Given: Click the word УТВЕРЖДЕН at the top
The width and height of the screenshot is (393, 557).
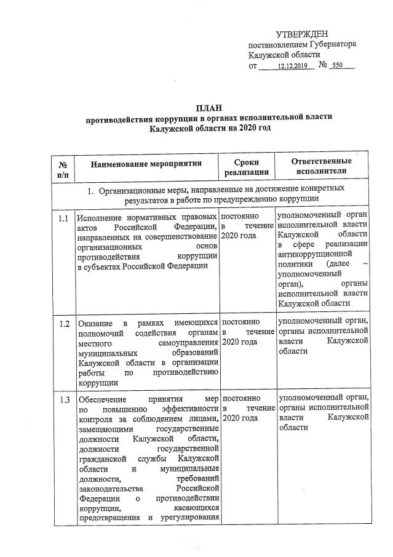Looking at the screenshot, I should coord(302,34).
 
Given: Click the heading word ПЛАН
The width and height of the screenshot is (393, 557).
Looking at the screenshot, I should coord(210,108).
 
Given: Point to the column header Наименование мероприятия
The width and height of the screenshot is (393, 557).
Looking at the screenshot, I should coord(146,164).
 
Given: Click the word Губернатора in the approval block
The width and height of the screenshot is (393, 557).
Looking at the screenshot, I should coord(330,45).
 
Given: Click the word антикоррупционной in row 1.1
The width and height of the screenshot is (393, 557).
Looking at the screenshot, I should coord(314,254).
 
